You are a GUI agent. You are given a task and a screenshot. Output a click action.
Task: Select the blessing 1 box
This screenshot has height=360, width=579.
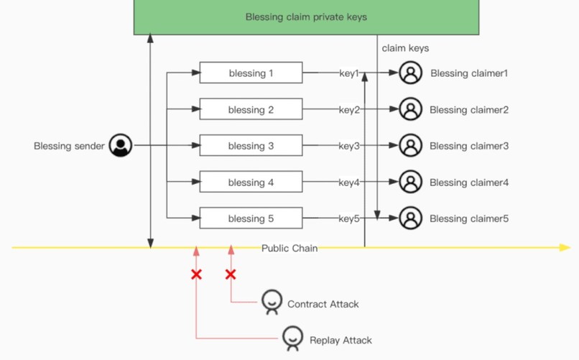click(x=251, y=73)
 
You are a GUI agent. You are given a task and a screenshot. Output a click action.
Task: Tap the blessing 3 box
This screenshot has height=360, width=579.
click(x=251, y=146)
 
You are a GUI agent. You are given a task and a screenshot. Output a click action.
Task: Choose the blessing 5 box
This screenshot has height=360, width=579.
click(x=251, y=218)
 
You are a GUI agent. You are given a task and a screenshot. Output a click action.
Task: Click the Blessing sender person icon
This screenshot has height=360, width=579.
click(x=121, y=146)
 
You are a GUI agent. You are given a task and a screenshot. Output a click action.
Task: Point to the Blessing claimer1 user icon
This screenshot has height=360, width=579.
click(x=410, y=73)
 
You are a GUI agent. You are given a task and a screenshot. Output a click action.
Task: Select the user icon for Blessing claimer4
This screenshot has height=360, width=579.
click(x=410, y=183)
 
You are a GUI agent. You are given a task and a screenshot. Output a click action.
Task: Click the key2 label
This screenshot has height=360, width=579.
click(x=349, y=110)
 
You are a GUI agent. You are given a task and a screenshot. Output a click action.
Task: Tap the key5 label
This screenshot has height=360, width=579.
click(x=349, y=218)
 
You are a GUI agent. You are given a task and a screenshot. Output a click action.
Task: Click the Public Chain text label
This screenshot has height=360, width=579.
click(x=289, y=248)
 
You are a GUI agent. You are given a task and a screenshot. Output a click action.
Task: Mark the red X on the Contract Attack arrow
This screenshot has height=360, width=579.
click(x=231, y=274)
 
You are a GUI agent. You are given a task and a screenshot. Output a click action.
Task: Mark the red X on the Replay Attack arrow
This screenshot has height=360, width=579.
click(x=196, y=274)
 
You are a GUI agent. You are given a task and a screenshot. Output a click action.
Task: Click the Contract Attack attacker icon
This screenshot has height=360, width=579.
click(x=272, y=302)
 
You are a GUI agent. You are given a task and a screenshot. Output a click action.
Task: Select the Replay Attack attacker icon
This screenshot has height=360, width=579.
click(x=292, y=338)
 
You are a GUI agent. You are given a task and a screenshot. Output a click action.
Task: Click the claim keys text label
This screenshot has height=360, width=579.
click(x=405, y=48)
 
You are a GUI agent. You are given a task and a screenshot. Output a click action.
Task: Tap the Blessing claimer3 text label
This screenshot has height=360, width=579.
click(x=469, y=146)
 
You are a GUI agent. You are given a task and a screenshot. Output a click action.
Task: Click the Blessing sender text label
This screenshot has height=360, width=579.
click(x=69, y=146)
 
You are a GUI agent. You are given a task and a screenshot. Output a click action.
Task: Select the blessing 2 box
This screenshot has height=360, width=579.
click(x=251, y=110)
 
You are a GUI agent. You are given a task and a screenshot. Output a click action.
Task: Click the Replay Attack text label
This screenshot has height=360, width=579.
click(x=341, y=340)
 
